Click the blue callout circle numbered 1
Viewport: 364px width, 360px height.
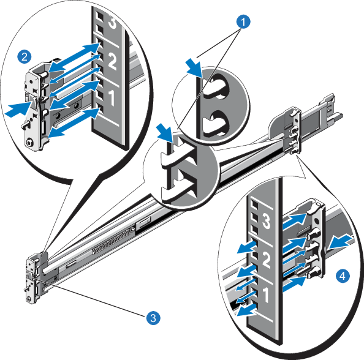pyautogui.click(x=244, y=23)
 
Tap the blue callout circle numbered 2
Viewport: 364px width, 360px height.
pyautogui.click(x=25, y=57)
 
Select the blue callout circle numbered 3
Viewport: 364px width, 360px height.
pyautogui.click(x=153, y=317)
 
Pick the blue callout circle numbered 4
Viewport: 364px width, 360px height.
pyautogui.click(x=343, y=277)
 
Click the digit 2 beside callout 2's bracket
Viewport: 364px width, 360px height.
pyautogui.click(x=112, y=61)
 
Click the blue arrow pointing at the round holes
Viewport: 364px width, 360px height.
pyautogui.click(x=192, y=65)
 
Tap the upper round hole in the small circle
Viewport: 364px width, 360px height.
pyautogui.click(x=214, y=88)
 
